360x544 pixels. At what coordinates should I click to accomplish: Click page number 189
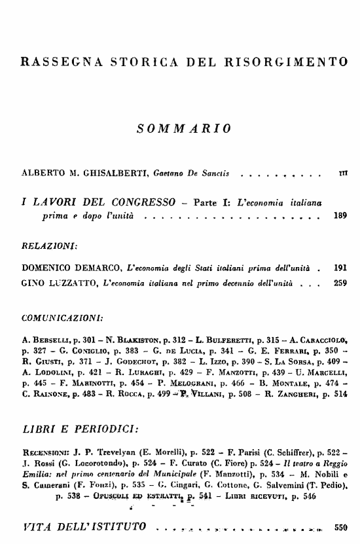[x=339, y=214]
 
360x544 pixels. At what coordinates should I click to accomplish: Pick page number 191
[x=339, y=268]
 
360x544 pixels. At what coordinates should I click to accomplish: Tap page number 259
[x=339, y=284]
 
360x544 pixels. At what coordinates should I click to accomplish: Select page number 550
[x=339, y=526]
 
